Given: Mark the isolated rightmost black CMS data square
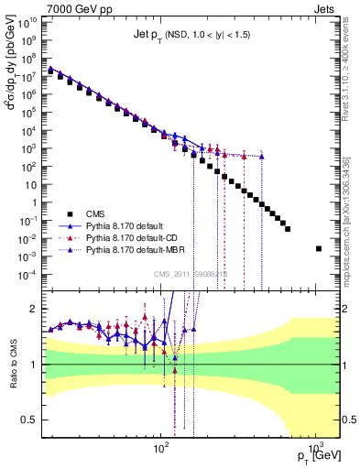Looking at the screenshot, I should [x=319, y=248].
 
